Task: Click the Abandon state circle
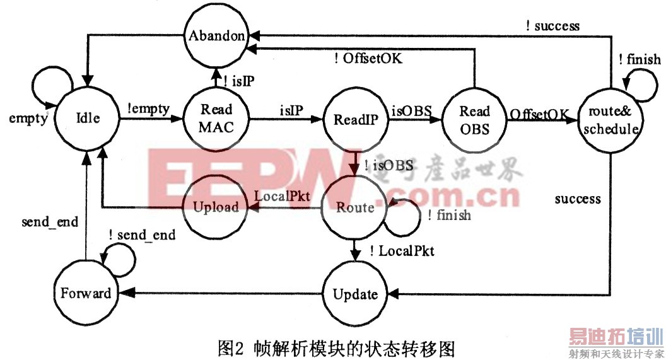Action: pos(216,37)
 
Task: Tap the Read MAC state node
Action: pos(217,117)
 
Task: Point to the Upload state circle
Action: pos(216,206)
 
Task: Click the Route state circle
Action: pos(354,207)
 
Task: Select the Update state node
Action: pos(355,294)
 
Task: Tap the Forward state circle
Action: pos(85,293)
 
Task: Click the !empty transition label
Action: pos(149,109)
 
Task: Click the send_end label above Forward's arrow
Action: pos(50,221)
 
